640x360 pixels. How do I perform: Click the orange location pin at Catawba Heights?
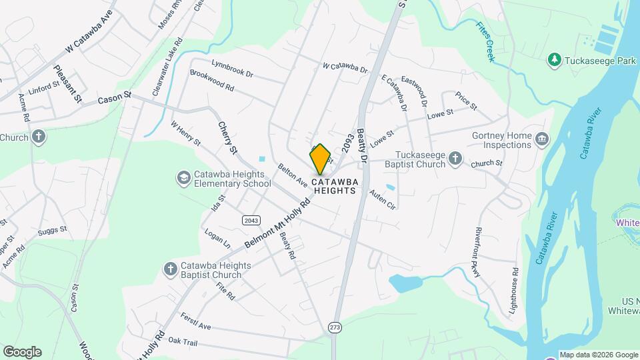coord(321,159)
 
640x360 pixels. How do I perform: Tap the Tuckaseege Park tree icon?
coord(553,61)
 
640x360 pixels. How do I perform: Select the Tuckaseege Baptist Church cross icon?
coord(455,157)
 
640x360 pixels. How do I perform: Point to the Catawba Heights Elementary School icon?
coord(183,177)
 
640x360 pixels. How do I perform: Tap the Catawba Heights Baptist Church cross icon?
coord(170,269)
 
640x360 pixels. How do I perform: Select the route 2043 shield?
coord(251,220)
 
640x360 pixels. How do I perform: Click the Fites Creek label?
coord(486,42)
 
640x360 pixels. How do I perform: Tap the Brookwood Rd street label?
coord(212,81)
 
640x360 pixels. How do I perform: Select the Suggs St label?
coord(53,230)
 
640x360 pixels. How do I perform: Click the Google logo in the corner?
coord(22,351)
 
